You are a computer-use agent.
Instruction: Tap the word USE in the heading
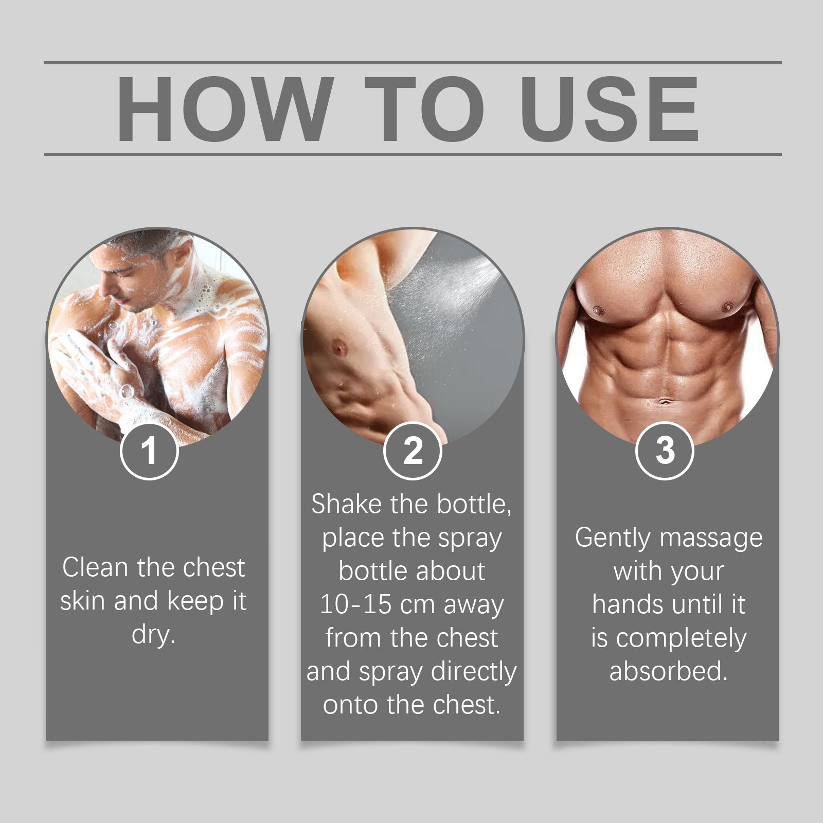click(x=610, y=109)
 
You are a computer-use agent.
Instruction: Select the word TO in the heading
click(x=424, y=109)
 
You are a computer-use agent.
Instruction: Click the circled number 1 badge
click(x=149, y=451)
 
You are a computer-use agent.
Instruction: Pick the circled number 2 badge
click(x=413, y=451)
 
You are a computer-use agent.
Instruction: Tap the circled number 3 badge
click(x=665, y=451)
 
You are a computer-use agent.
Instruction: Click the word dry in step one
click(x=153, y=635)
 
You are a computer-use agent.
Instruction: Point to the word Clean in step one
click(x=95, y=568)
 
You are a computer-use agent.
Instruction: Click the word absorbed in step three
click(x=668, y=671)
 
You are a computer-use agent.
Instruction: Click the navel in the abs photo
click(x=665, y=401)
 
